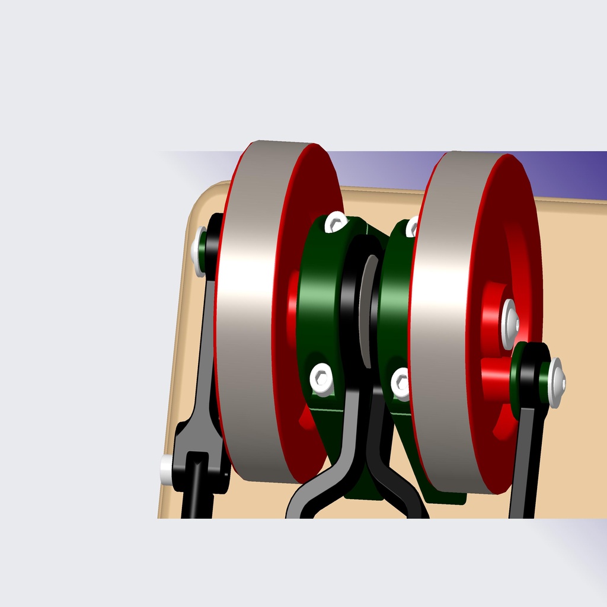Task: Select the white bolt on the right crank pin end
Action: click(x=556, y=382)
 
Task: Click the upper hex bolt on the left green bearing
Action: click(x=336, y=222)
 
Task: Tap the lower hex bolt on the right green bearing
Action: click(x=401, y=382)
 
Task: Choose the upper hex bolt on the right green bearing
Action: click(x=412, y=226)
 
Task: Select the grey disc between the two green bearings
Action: click(x=367, y=308)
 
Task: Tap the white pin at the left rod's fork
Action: click(x=167, y=469)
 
